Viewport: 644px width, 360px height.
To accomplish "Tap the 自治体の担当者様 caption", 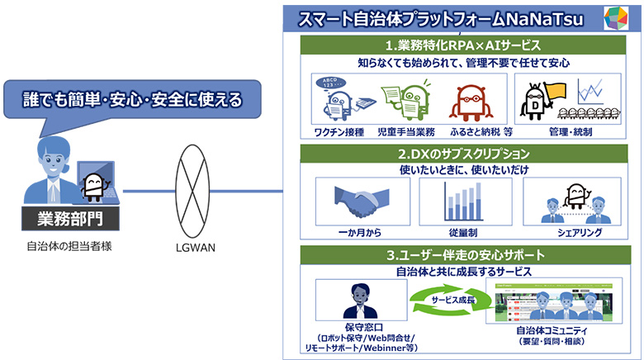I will (x=69, y=246).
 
